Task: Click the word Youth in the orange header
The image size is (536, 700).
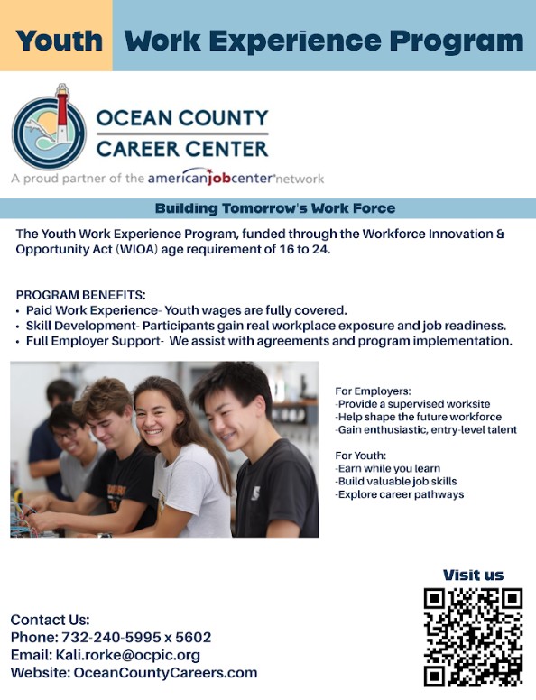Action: coord(60,41)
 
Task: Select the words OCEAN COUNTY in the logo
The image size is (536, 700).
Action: coord(181,118)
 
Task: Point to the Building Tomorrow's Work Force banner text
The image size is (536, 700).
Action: coord(274,208)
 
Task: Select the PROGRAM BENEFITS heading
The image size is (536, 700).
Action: coord(80,295)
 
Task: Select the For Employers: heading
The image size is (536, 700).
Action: coord(373,391)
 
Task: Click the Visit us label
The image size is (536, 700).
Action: coord(473,576)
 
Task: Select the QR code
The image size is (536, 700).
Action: coord(473,637)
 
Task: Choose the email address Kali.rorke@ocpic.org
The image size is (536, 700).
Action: coord(127,655)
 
